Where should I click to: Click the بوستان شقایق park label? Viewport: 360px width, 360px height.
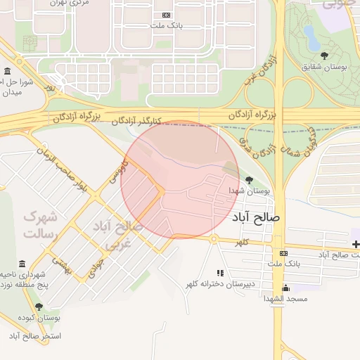325,67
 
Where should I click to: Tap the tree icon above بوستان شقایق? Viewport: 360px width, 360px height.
323,56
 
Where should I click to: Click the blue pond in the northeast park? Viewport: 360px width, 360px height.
310,32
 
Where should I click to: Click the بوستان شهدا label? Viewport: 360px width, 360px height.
249,191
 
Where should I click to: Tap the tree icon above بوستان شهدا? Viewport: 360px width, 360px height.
249,181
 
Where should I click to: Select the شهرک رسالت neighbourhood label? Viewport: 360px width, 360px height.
39,224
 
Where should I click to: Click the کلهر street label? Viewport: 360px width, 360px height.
243,241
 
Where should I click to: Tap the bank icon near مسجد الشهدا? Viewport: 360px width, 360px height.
283,253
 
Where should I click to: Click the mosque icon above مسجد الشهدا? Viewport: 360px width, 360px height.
285,288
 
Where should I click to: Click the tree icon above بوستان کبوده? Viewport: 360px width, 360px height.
39,307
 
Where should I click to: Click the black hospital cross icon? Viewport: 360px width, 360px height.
356,244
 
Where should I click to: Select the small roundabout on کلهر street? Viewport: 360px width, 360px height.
214,238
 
